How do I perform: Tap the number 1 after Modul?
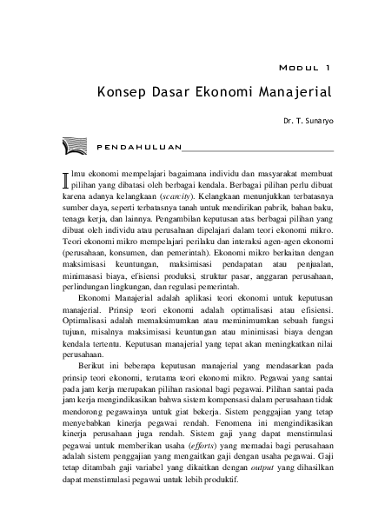pyautogui.click(x=327, y=65)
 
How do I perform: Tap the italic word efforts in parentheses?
pyautogui.click(x=209, y=481)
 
